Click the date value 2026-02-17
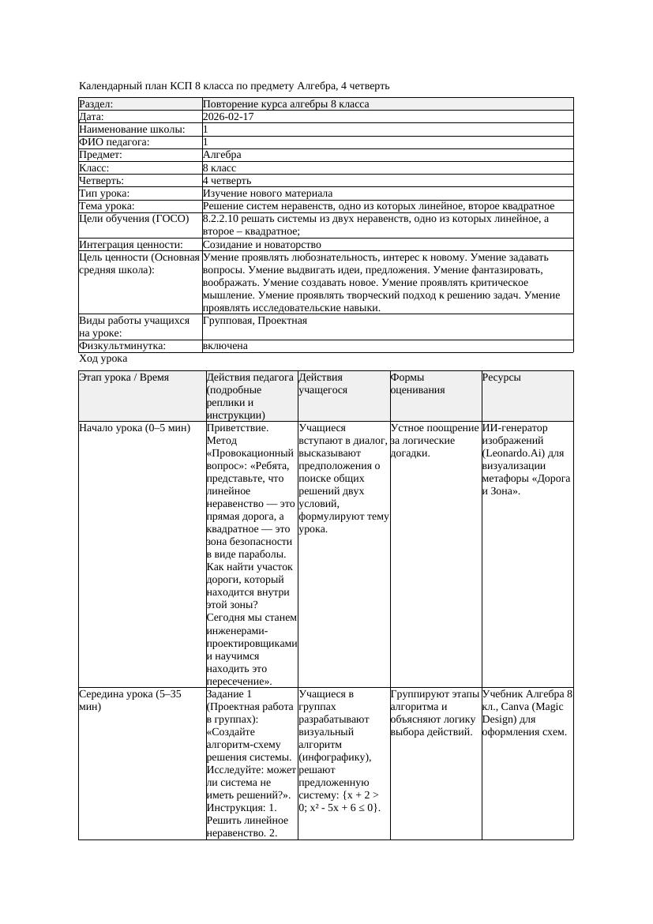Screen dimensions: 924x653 coord(228,117)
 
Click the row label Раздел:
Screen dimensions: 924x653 coord(96,104)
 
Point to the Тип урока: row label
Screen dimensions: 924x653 coord(105,193)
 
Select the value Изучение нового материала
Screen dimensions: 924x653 coord(268,193)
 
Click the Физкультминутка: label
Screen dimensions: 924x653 coord(122,346)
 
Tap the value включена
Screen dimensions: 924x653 coord(225,346)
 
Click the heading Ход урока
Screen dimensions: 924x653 coord(103,359)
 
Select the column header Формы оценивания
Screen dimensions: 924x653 coord(418,383)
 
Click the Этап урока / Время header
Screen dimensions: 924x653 coord(124,377)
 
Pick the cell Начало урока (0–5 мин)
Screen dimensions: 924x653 coord(135,428)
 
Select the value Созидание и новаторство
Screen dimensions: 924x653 coord(262,245)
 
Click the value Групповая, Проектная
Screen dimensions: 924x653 coord(255,321)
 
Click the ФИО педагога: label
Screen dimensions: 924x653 coord(115,142)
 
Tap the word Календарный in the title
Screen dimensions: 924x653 coord(109,85)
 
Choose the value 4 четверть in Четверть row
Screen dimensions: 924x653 coord(224,181)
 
